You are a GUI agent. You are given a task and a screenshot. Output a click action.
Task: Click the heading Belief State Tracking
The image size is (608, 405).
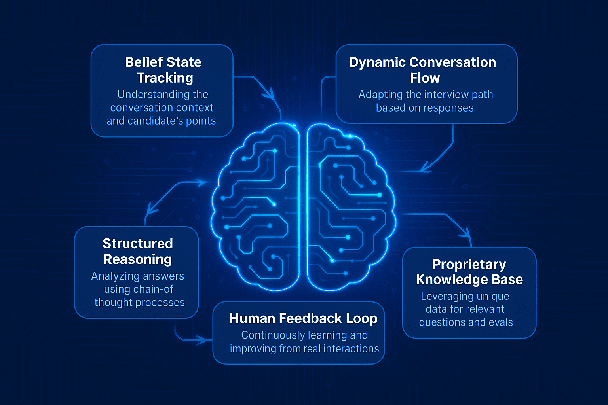(x=163, y=70)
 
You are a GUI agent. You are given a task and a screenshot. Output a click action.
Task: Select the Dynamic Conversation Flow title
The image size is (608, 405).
(x=422, y=70)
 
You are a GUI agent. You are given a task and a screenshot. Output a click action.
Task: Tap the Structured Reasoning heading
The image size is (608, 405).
(x=137, y=251)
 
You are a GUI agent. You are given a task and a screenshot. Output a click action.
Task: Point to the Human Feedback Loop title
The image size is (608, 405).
(x=303, y=318)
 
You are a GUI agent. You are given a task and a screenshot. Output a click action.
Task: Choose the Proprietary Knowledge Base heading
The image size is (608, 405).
(x=469, y=272)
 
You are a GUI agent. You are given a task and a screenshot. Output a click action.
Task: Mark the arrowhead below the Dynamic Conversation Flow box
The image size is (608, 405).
(x=425, y=168)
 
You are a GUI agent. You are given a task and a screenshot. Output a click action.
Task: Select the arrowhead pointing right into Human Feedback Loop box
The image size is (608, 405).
(x=203, y=340)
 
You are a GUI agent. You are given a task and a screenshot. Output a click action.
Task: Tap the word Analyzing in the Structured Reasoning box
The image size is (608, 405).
(x=114, y=276)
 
